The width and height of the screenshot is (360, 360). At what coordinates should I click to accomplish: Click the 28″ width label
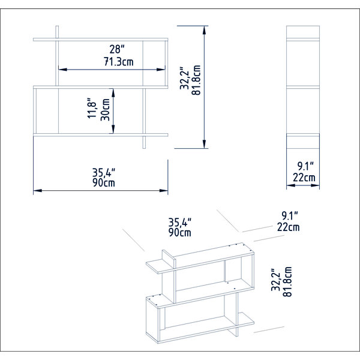[x=117, y=49]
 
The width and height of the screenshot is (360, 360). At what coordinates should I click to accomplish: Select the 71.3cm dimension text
[x=118, y=62]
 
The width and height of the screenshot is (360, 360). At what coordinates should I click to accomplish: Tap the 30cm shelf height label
[x=106, y=110]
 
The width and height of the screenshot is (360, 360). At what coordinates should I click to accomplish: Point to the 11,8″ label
[x=92, y=108]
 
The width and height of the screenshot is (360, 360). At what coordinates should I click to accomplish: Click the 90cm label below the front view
[x=104, y=183]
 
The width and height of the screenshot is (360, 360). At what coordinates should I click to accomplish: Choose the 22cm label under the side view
[x=304, y=178]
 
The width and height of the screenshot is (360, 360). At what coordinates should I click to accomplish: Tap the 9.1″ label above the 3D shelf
[x=290, y=215]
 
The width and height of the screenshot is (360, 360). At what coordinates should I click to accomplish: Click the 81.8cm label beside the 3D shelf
[x=287, y=282]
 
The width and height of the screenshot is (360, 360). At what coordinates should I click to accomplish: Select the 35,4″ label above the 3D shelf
[x=180, y=222]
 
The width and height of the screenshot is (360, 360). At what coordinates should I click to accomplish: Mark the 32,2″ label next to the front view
[x=184, y=78]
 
